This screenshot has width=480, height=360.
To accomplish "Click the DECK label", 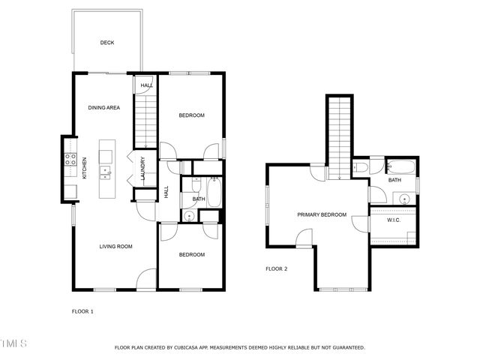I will point(107,43).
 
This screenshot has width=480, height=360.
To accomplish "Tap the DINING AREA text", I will point(103,108).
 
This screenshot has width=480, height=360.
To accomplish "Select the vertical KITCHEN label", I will point(85,167).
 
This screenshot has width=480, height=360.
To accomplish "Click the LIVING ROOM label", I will point(116,246).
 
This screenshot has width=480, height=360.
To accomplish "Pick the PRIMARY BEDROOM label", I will point(322,215).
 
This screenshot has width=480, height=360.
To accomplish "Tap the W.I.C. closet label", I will point(394,220).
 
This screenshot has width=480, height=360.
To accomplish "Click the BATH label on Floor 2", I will point(394,181).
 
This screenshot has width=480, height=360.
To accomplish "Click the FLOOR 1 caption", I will point(82,310).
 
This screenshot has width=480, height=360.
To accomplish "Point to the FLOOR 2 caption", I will point(277,268).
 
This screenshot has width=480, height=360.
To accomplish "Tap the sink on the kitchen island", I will point(106,172).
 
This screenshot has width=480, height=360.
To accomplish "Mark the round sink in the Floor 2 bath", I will point(403,199).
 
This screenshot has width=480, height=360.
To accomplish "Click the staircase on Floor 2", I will point(340,136).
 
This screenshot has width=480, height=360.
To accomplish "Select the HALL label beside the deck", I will point(146,85).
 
